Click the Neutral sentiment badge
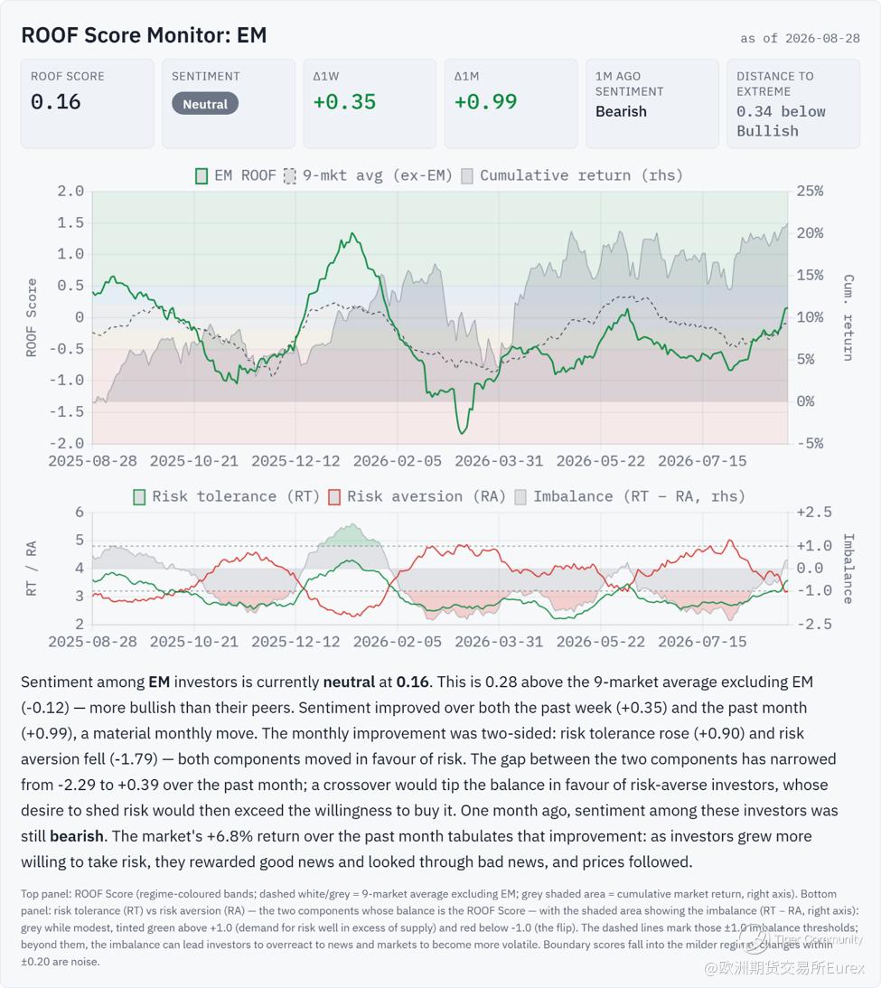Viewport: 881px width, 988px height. point(205,104)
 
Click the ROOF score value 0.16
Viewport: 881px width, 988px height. point(55,102)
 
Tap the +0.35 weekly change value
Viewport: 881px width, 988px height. point(344,102)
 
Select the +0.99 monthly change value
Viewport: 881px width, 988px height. point(485,102)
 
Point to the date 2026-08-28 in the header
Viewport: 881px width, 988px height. point(822,39)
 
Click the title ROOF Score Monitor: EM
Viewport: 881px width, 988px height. point(145,35)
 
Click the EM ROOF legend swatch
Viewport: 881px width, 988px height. point(202,175)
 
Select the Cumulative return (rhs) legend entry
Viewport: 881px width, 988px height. point(572,175)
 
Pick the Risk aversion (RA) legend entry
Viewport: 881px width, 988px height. point(417,497)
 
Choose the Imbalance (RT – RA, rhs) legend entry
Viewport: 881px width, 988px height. point(630,497)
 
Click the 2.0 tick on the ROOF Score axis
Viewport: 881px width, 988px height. point(70,192)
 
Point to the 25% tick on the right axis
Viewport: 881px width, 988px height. point(810,192)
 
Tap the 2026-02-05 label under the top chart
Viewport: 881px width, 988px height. point(398,461)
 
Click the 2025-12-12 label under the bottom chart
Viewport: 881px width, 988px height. point(295,642)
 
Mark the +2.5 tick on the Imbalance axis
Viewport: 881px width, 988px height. point(813,513)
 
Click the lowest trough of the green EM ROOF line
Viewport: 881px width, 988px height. point(463,433)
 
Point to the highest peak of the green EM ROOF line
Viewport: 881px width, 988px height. point(352,234)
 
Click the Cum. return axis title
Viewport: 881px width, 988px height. point(848,317)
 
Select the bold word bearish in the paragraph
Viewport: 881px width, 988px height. point(77,836)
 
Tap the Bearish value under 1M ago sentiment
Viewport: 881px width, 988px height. point(621,111)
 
